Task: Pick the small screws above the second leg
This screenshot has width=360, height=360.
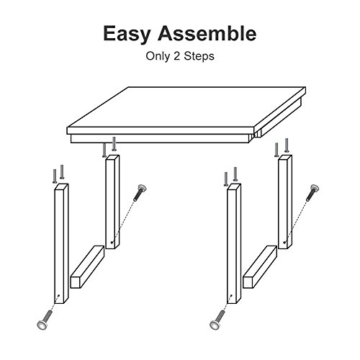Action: (x=109, y=148)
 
